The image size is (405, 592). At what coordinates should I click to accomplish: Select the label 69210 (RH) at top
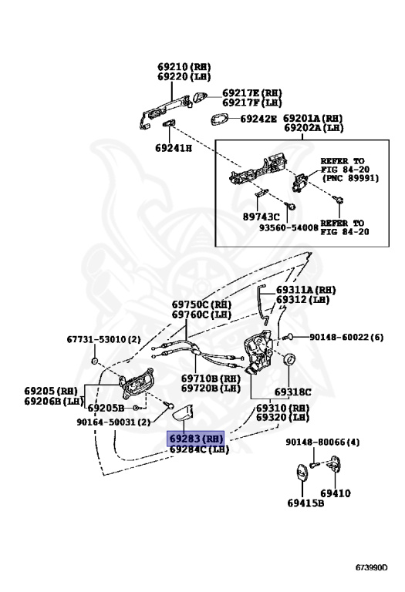pos(184,67)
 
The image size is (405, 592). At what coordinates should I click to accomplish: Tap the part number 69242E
pos(258,119)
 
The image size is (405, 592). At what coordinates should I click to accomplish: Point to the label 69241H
pos(174,146)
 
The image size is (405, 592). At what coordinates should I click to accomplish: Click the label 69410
pos(336,493)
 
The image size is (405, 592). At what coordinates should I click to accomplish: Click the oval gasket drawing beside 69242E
pos(221,119)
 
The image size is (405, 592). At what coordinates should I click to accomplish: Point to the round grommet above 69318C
pos(292,361)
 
